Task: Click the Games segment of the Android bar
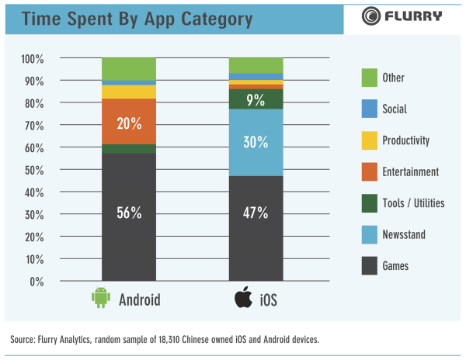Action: (x=129, y=233)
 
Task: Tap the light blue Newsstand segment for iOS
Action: (x=256, y=142)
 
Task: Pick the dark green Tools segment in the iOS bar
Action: (x=256, y=99)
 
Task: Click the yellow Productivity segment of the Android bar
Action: (x=129, y=92)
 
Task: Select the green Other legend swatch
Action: (x=370, y=78)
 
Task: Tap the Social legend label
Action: (x=394, y=109)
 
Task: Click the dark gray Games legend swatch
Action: (x=370, y=266)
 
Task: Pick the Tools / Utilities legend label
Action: (x=413, y=203)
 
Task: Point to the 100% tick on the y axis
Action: (x=33, y=59)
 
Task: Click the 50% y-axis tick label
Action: (x=35, y=170)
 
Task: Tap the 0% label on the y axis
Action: (x=38, y=282)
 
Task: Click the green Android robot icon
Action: (x=99, y=298)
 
